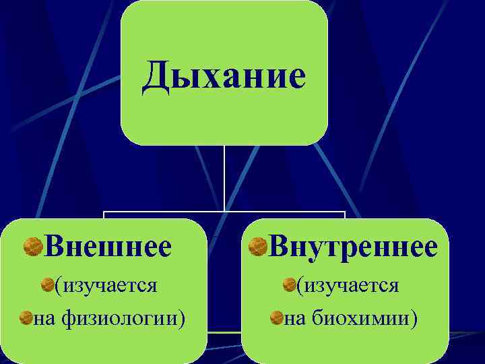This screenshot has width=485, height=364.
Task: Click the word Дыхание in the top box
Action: tap(224, 77)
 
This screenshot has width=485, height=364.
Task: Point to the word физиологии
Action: tap(117, 317)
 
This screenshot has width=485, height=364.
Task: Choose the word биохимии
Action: tap(361, 317)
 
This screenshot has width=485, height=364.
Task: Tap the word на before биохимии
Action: tap(295, 317)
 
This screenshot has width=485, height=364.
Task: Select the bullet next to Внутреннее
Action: tap(257, 247)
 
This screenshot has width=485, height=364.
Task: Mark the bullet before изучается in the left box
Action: tap(47, 286)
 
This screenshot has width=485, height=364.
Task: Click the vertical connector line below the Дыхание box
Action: tap(224, 179)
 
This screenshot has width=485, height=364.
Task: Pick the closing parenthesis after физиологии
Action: tap(183, 317)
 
